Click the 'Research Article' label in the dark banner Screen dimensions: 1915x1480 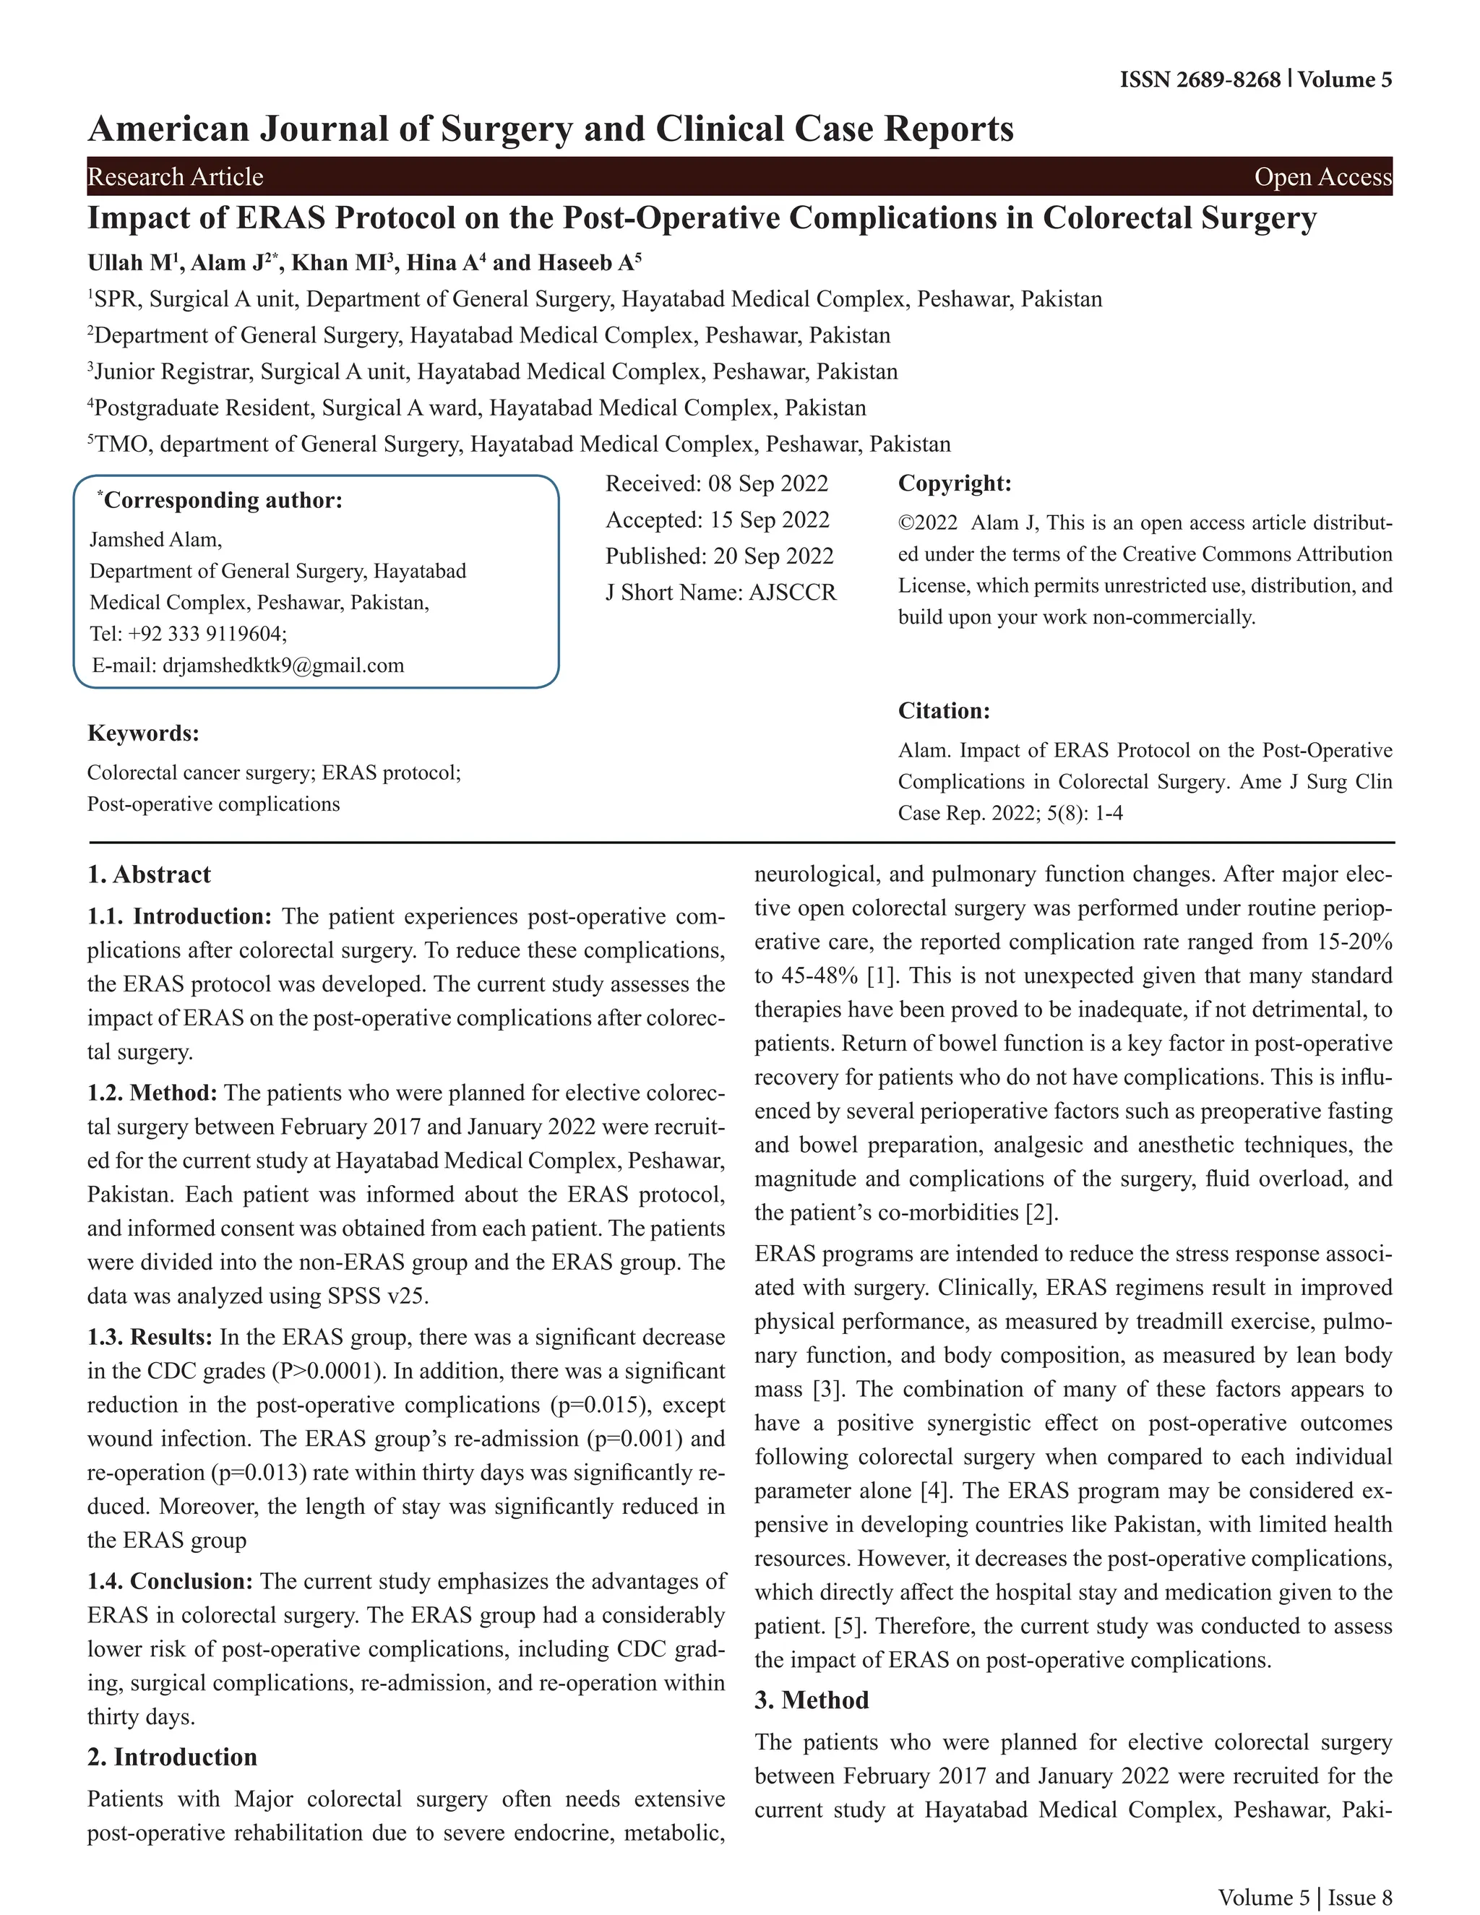click(176, 177)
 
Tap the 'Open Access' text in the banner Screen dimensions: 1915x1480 click(1322, 177)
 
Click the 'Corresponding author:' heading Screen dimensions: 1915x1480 click(223, 501)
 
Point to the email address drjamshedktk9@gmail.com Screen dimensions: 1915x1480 click(283, 666)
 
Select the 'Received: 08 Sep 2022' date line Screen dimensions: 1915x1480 click(716, 484)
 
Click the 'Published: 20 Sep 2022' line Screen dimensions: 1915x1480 click(719, 556)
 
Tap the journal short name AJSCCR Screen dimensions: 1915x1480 click(792, 593)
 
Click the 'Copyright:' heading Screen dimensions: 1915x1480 click(955, 484)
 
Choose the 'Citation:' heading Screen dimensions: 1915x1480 click(943, 711)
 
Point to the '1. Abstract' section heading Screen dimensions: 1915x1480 click(149, 875)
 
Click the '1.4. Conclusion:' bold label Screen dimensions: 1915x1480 click(170, 1582)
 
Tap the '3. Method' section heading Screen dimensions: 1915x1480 click(811, 1700)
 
